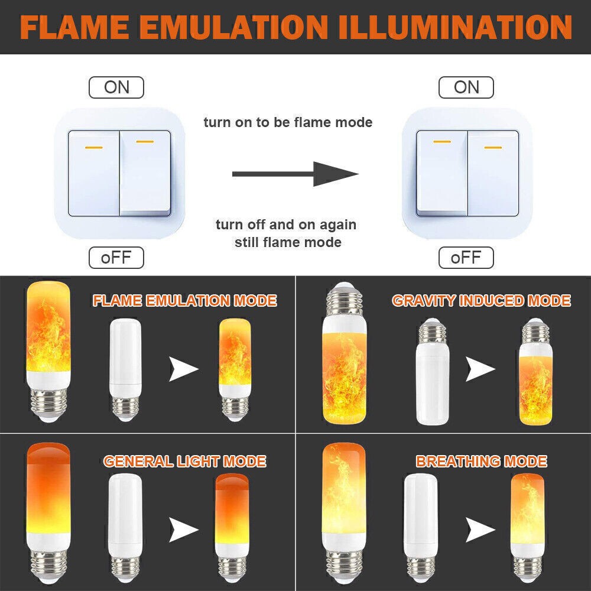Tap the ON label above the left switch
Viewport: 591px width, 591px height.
[x=116, y=87]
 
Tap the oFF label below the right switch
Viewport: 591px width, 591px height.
[x=466, y=258]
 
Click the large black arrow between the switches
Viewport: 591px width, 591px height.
[x=295, y=174]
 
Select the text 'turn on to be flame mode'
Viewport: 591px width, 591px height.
[x=288, y=122]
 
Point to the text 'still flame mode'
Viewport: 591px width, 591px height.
[x=288, y=242]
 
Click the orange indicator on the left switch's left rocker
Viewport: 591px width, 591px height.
[x=94, y=147]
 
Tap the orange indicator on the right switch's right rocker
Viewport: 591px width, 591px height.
[x=493, y=147]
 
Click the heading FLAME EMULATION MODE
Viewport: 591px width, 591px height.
[x=184, y=300]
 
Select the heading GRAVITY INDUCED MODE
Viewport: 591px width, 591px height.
[x=481, y=300]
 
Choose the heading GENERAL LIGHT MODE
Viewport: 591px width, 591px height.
[x=184, y=462]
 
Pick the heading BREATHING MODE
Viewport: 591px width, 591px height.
[x=481, y=462]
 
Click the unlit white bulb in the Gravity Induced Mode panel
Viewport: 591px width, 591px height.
[x=433, y=372]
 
